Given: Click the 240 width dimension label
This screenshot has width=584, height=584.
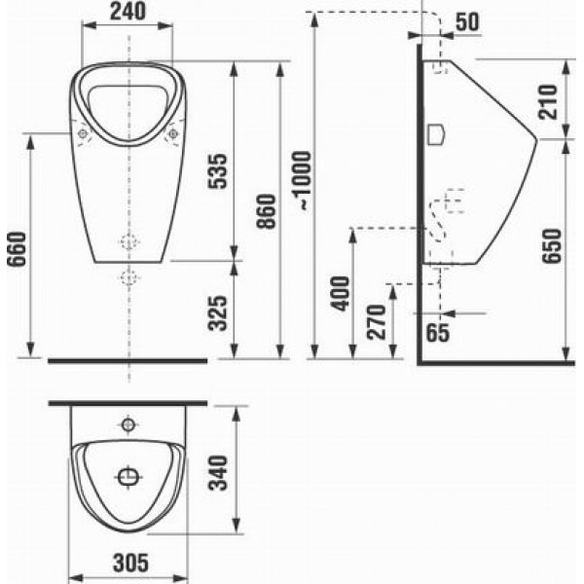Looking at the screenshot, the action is point(128,12).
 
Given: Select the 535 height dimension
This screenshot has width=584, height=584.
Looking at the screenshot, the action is point(217,171).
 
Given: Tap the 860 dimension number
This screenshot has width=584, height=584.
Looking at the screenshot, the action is point(267,211).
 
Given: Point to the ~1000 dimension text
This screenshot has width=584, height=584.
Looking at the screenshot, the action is point(302,180).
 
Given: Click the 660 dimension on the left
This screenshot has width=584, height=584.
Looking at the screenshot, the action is point(18,249).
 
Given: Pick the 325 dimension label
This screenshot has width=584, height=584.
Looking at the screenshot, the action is point(217,313).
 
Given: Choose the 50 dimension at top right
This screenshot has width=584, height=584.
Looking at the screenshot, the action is point(467,22).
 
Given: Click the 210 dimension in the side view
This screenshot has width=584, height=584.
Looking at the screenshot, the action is point(548,102).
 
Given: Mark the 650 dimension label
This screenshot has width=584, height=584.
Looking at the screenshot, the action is point(552,246).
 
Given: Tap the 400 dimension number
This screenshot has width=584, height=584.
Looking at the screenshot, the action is point(341,294).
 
